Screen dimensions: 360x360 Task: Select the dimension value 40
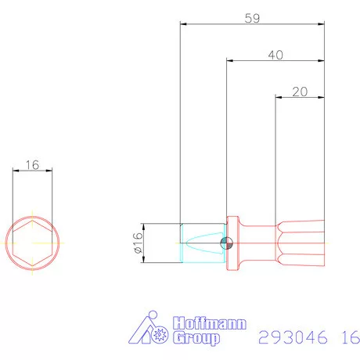(275, 55)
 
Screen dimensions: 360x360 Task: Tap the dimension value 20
(299, 91)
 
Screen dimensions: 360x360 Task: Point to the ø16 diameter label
(137, 243)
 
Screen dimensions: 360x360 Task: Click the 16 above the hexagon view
(32, 164)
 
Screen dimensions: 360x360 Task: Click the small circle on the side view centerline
(226, 242)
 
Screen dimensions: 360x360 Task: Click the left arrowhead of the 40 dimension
(229, 60)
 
